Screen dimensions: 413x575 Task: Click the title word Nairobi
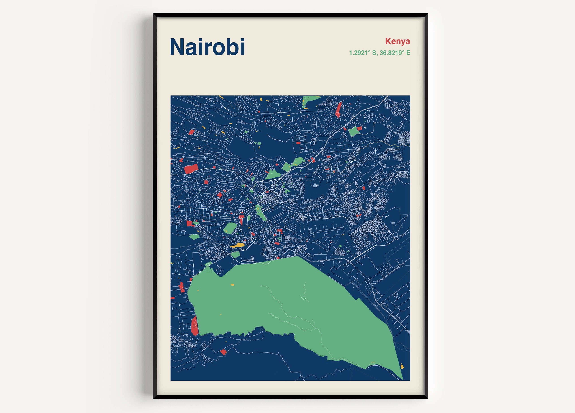[207, 47]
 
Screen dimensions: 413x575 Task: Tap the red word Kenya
[397, 41]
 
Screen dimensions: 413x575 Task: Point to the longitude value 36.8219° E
[395, 53]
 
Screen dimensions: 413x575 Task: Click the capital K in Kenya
[388, 41]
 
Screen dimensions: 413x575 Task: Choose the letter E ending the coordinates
[408, 53]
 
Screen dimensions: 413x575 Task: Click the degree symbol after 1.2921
[369, 51]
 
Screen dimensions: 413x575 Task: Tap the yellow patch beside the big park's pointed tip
[402, 367]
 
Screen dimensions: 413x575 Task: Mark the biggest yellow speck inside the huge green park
[232, 284]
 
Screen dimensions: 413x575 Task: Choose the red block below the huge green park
[223, 352]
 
